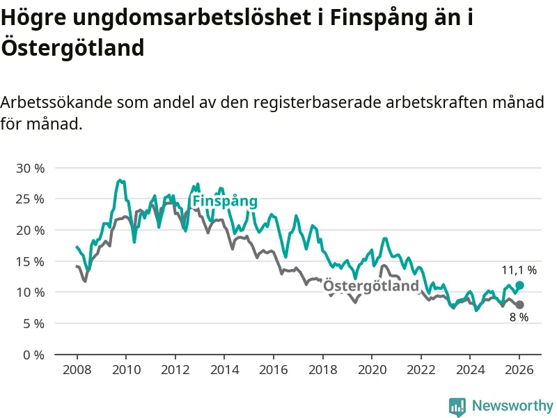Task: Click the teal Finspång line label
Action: (x=225, y=201)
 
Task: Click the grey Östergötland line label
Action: (x=372, y=286)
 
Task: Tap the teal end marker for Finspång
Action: (x=519, y=286)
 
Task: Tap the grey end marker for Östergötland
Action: (x=519, y=304)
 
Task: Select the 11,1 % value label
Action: (x=519, y=270)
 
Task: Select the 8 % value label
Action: (x=519, y=318)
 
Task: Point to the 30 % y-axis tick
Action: (x=29, y=168)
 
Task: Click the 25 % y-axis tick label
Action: (x=29, y=199)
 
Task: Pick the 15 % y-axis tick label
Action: (x=29, y=261)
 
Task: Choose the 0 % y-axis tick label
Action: (x=33, y=355)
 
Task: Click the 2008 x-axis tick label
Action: (x=76, y=370)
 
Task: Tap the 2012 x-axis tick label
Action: (x=175, y=370)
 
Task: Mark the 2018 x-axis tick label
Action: (x=322, y=370)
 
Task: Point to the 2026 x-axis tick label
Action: (x=519, y=370)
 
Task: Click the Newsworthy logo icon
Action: (x=457, y=406)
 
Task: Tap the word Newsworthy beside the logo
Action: (x=512, y=405)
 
